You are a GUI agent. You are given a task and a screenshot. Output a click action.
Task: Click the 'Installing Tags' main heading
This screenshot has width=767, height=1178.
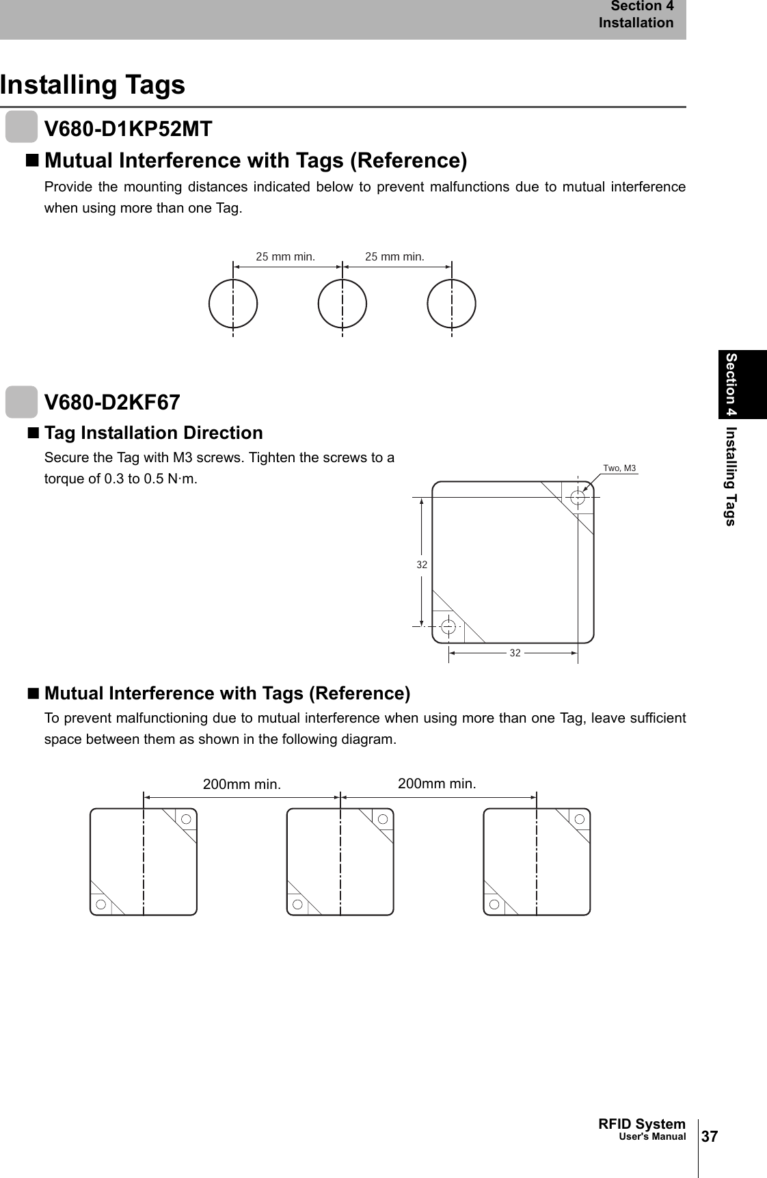[92, 85]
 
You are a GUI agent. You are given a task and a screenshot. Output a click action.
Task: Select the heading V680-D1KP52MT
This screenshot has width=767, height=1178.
[128, 129]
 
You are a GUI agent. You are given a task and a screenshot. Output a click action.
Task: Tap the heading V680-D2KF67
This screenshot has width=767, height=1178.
[112, 402]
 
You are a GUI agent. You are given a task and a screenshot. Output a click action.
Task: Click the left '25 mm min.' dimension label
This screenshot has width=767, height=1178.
[285, 257]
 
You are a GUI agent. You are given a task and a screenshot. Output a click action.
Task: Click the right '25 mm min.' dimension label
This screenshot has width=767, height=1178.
[394, 257]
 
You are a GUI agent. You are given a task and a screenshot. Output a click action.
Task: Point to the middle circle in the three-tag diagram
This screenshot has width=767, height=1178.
[342, 304]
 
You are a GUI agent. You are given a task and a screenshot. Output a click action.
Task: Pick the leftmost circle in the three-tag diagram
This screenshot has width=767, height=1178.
[233, 304]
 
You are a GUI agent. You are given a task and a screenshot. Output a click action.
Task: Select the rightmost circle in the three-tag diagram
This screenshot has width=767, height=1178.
[451, 304]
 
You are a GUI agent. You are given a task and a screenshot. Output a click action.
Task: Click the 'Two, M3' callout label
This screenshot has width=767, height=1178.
[619, 468]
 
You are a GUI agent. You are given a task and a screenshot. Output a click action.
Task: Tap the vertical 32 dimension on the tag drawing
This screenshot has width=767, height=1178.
[422, 565]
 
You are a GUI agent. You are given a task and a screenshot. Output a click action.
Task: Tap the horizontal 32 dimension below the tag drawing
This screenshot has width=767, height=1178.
[515, 653]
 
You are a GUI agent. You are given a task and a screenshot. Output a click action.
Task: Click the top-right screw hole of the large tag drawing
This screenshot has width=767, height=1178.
[578, 497]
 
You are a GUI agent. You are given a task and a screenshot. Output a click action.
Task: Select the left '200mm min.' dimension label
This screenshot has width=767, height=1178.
[242, 784]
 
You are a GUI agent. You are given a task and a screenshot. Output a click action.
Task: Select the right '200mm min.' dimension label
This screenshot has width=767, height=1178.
[437, 784]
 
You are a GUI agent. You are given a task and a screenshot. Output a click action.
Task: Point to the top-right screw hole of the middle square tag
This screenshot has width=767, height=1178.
[383, 819]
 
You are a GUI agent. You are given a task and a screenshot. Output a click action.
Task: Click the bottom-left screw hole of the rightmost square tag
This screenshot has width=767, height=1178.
[494, 904]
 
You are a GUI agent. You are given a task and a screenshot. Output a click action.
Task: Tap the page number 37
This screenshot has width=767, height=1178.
[710, 1136]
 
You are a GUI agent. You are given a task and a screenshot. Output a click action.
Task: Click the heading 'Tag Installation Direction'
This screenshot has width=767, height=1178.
[153, 433]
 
